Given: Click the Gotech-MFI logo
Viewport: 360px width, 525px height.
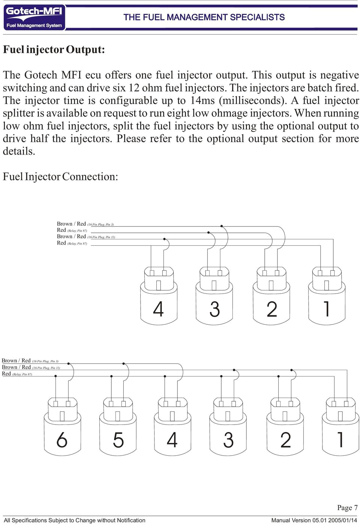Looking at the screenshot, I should [34, 17].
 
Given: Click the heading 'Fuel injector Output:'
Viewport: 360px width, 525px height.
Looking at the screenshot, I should [54, 49].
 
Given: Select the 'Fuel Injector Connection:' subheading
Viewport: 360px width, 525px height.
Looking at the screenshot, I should [60, 177].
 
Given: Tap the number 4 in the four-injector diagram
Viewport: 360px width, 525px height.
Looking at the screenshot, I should [158, 309].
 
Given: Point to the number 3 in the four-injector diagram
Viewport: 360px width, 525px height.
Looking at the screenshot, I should [214, 309].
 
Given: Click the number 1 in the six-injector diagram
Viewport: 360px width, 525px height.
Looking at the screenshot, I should [340, 439].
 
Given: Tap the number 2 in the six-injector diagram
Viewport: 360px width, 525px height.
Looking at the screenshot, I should [285, 439].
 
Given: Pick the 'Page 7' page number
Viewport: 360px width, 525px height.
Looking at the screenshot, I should [347, 508].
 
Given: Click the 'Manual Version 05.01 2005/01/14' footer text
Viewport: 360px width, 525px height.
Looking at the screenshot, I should [314, 520].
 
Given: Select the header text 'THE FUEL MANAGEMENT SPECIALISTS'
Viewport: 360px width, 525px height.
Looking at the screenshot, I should [204, 17].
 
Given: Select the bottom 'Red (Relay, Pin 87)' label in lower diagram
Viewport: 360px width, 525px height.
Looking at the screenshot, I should [17, 374].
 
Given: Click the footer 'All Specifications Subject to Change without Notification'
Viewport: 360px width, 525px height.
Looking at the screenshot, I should [74, 520].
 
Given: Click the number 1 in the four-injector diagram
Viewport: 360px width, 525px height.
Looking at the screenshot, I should [327, 309].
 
